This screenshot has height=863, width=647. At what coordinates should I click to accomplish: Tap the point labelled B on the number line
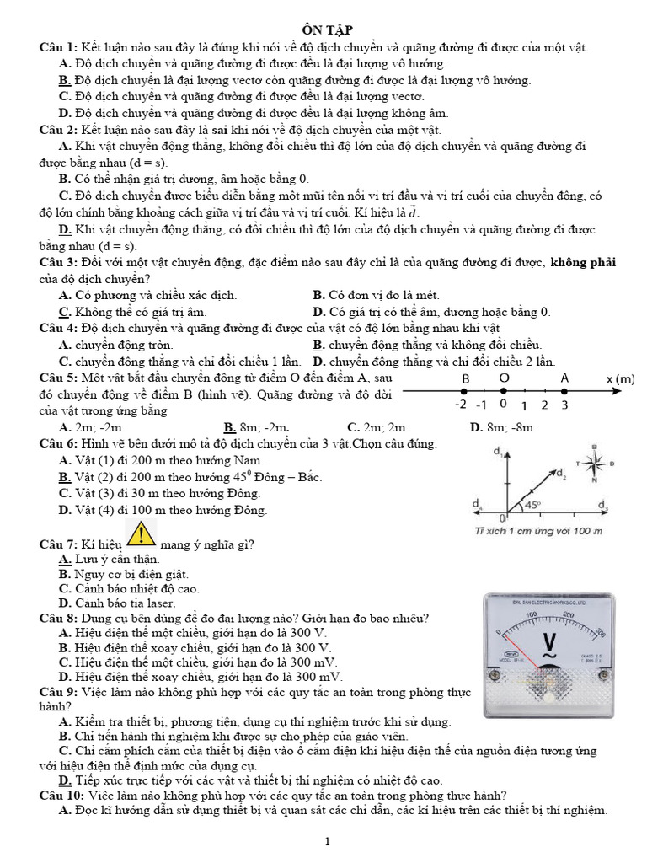pos(463,389)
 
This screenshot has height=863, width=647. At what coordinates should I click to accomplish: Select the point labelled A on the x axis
pos(565,389)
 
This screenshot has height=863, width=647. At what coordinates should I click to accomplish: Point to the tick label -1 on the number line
pos(481,405)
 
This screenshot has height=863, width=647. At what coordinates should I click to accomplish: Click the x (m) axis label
pos(619,379)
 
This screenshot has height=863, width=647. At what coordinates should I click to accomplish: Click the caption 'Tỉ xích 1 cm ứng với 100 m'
pos(539,531)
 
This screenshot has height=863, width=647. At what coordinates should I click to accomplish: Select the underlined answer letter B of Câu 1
pos(64,81)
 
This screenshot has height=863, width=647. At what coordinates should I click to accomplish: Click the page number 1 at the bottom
pos(328,841)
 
